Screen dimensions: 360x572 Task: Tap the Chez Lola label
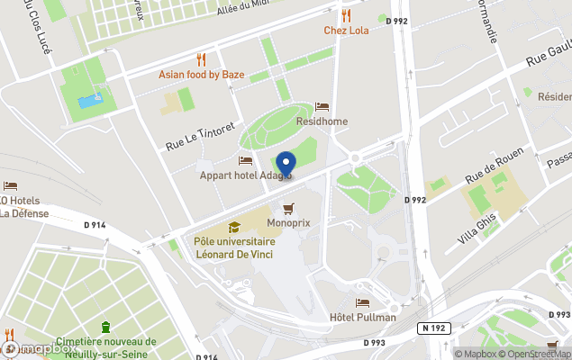point(346,31)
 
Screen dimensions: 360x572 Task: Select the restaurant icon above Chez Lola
point(346,15)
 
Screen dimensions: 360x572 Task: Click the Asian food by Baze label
point(201,75)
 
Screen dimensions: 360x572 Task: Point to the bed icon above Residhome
point(322,107)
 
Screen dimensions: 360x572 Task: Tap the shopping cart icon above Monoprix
point(288,208)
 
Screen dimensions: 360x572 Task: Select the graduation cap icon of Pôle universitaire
point(234,228)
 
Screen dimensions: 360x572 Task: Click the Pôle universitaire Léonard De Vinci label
point(234,247)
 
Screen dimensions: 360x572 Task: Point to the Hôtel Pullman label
point(363,317)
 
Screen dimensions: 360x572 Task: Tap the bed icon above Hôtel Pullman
point(362,302)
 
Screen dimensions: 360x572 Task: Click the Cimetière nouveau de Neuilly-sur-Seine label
point(105,347)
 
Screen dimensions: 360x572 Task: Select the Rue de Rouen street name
point(494,167)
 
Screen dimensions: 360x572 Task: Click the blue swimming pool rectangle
point(89,101)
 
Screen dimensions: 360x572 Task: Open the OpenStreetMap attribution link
point(537,354)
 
